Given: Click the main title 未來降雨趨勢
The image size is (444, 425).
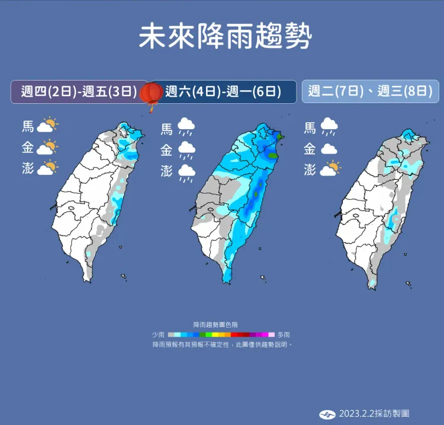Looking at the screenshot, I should tap(224, 37).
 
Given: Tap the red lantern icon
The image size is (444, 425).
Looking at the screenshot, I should tap(153, 93).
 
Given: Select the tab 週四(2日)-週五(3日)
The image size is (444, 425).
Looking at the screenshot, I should tap(79, 92).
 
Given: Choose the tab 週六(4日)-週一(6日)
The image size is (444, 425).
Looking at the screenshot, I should tap(223, 92).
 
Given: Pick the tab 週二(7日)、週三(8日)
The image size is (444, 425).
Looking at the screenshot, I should tap(370, 92).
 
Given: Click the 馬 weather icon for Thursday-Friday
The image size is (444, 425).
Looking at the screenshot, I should tap(47, 126).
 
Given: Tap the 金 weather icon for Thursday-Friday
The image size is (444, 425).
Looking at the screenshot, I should tap(47, 148).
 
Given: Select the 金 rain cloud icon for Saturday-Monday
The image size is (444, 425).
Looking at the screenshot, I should tap(188, 149).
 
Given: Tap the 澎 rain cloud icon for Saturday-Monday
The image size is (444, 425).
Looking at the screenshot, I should tap(188, 171).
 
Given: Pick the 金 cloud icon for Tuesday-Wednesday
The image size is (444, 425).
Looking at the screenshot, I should tap(329, 149).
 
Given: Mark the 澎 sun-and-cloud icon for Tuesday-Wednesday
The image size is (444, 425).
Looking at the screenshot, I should tap(330, 169).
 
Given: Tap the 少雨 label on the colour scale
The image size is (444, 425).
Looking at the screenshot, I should tap(158, 334).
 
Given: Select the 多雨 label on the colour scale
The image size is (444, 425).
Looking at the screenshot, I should tap(284, 334).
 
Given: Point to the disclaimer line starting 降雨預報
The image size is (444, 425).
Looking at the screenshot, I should tap(222, 344).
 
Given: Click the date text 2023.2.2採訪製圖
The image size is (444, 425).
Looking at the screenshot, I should tap(374, 413).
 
